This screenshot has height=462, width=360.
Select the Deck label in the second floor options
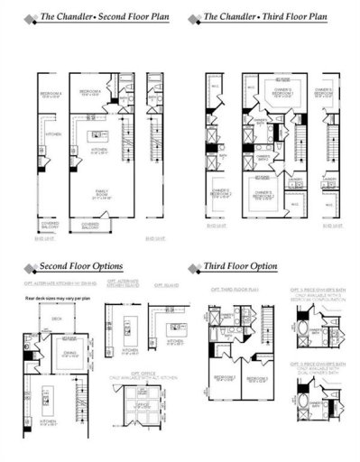pyautogui.click(x=56, y=318)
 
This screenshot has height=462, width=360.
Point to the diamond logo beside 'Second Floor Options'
pyautogui.click(x=30, y=267)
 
